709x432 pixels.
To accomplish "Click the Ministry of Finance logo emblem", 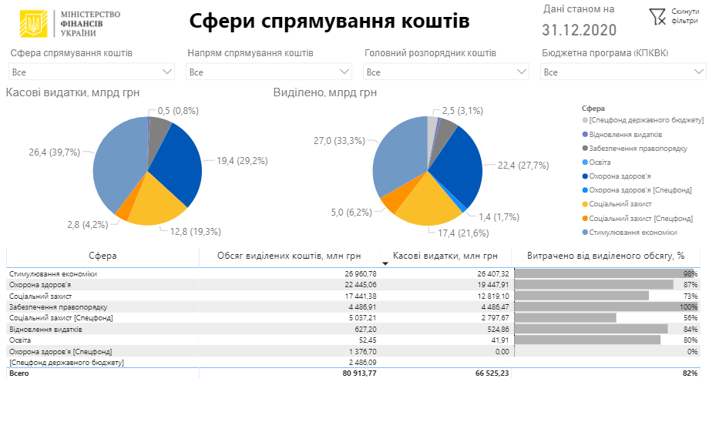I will point(32,23).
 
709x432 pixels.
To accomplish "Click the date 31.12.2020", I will point(579,31).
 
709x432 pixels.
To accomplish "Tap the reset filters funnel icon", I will point(657,16).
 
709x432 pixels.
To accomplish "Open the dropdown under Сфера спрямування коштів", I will point(92,72).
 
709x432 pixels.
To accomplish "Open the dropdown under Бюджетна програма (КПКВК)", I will point(623,72).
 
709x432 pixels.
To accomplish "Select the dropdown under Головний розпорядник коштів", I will point(446,72).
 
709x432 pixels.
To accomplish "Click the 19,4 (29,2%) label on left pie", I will point(241,162).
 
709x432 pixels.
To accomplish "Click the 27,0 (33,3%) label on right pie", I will point(339,141).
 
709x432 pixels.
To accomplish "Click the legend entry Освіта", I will point(600,162).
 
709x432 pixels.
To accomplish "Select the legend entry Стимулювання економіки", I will point(632,232).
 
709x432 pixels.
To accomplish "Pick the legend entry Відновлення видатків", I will point(625,134).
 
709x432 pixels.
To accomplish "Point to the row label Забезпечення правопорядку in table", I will point(53,306).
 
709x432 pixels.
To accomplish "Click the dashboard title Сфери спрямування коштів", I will point(329,22).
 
